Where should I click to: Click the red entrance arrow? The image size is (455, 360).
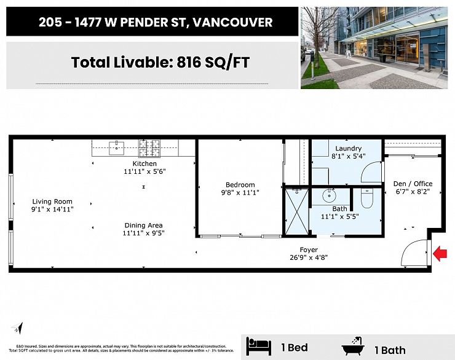(x=440, y=253)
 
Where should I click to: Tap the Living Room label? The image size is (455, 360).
(x=52, y=202)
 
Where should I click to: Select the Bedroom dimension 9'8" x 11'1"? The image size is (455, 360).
(x=240, y=193)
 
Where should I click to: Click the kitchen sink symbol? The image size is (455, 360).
(x=116, y=147)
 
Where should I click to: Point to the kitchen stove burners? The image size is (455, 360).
(x=149, y=147)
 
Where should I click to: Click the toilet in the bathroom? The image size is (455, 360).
(x=367, y=197)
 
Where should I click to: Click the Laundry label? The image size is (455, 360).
(x=348, y=149)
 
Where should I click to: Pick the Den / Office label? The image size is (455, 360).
(x=413, y=184)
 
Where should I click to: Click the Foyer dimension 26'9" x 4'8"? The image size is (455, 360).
(x=308, y=258)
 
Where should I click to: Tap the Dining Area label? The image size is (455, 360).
(x=143, y=225)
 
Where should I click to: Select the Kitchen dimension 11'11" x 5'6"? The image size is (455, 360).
(x=144, y=172)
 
